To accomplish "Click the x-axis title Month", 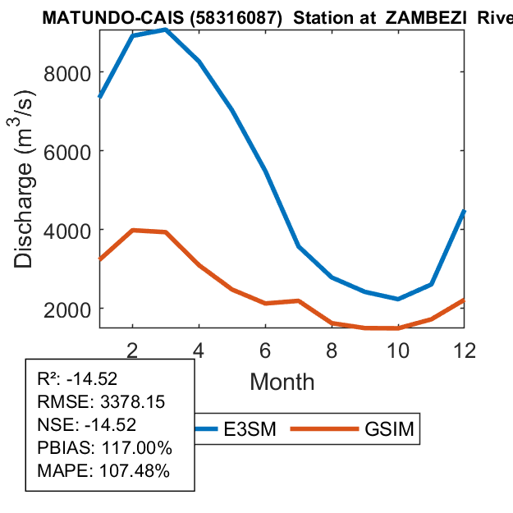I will (x=282, y=381).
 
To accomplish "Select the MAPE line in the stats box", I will (x=103, y=471).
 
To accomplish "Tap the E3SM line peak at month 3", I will (x=166, y=30).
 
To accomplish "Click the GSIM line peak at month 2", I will (x=132, y=231).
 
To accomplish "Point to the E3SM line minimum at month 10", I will (x=397, y=299).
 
